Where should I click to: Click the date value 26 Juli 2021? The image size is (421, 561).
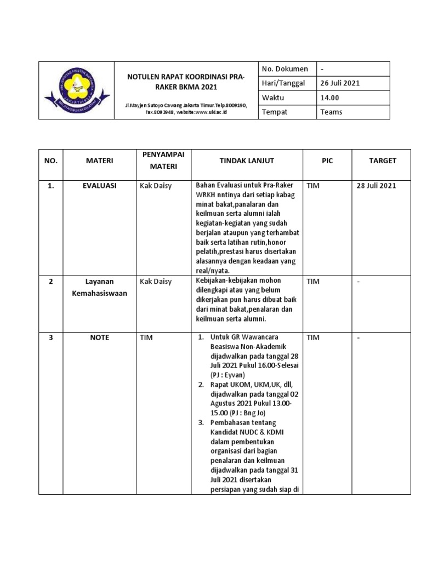click(x=340, y=83)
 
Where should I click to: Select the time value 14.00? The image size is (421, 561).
click(x=329, y=98)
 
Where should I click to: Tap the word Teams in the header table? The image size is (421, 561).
click(x=331, y=112)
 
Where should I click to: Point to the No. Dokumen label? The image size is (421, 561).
click(x=285, y=69)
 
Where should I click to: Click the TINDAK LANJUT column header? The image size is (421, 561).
click(x=246, y=161)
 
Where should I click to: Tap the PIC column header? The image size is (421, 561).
click(x=327, y=161)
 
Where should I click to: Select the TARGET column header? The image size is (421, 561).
click(x=382, y=161)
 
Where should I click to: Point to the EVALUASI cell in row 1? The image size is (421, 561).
click(x=99, y=186)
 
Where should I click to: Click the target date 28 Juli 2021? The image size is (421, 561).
click(x=376, y=186)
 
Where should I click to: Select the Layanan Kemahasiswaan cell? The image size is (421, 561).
click(x=99, y=287)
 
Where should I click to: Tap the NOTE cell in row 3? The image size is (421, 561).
click(x=99, y=337)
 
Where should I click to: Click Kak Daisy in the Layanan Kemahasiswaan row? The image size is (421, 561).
click(x=156, y=282)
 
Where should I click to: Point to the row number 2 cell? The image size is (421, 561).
click(x=50, y=282)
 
